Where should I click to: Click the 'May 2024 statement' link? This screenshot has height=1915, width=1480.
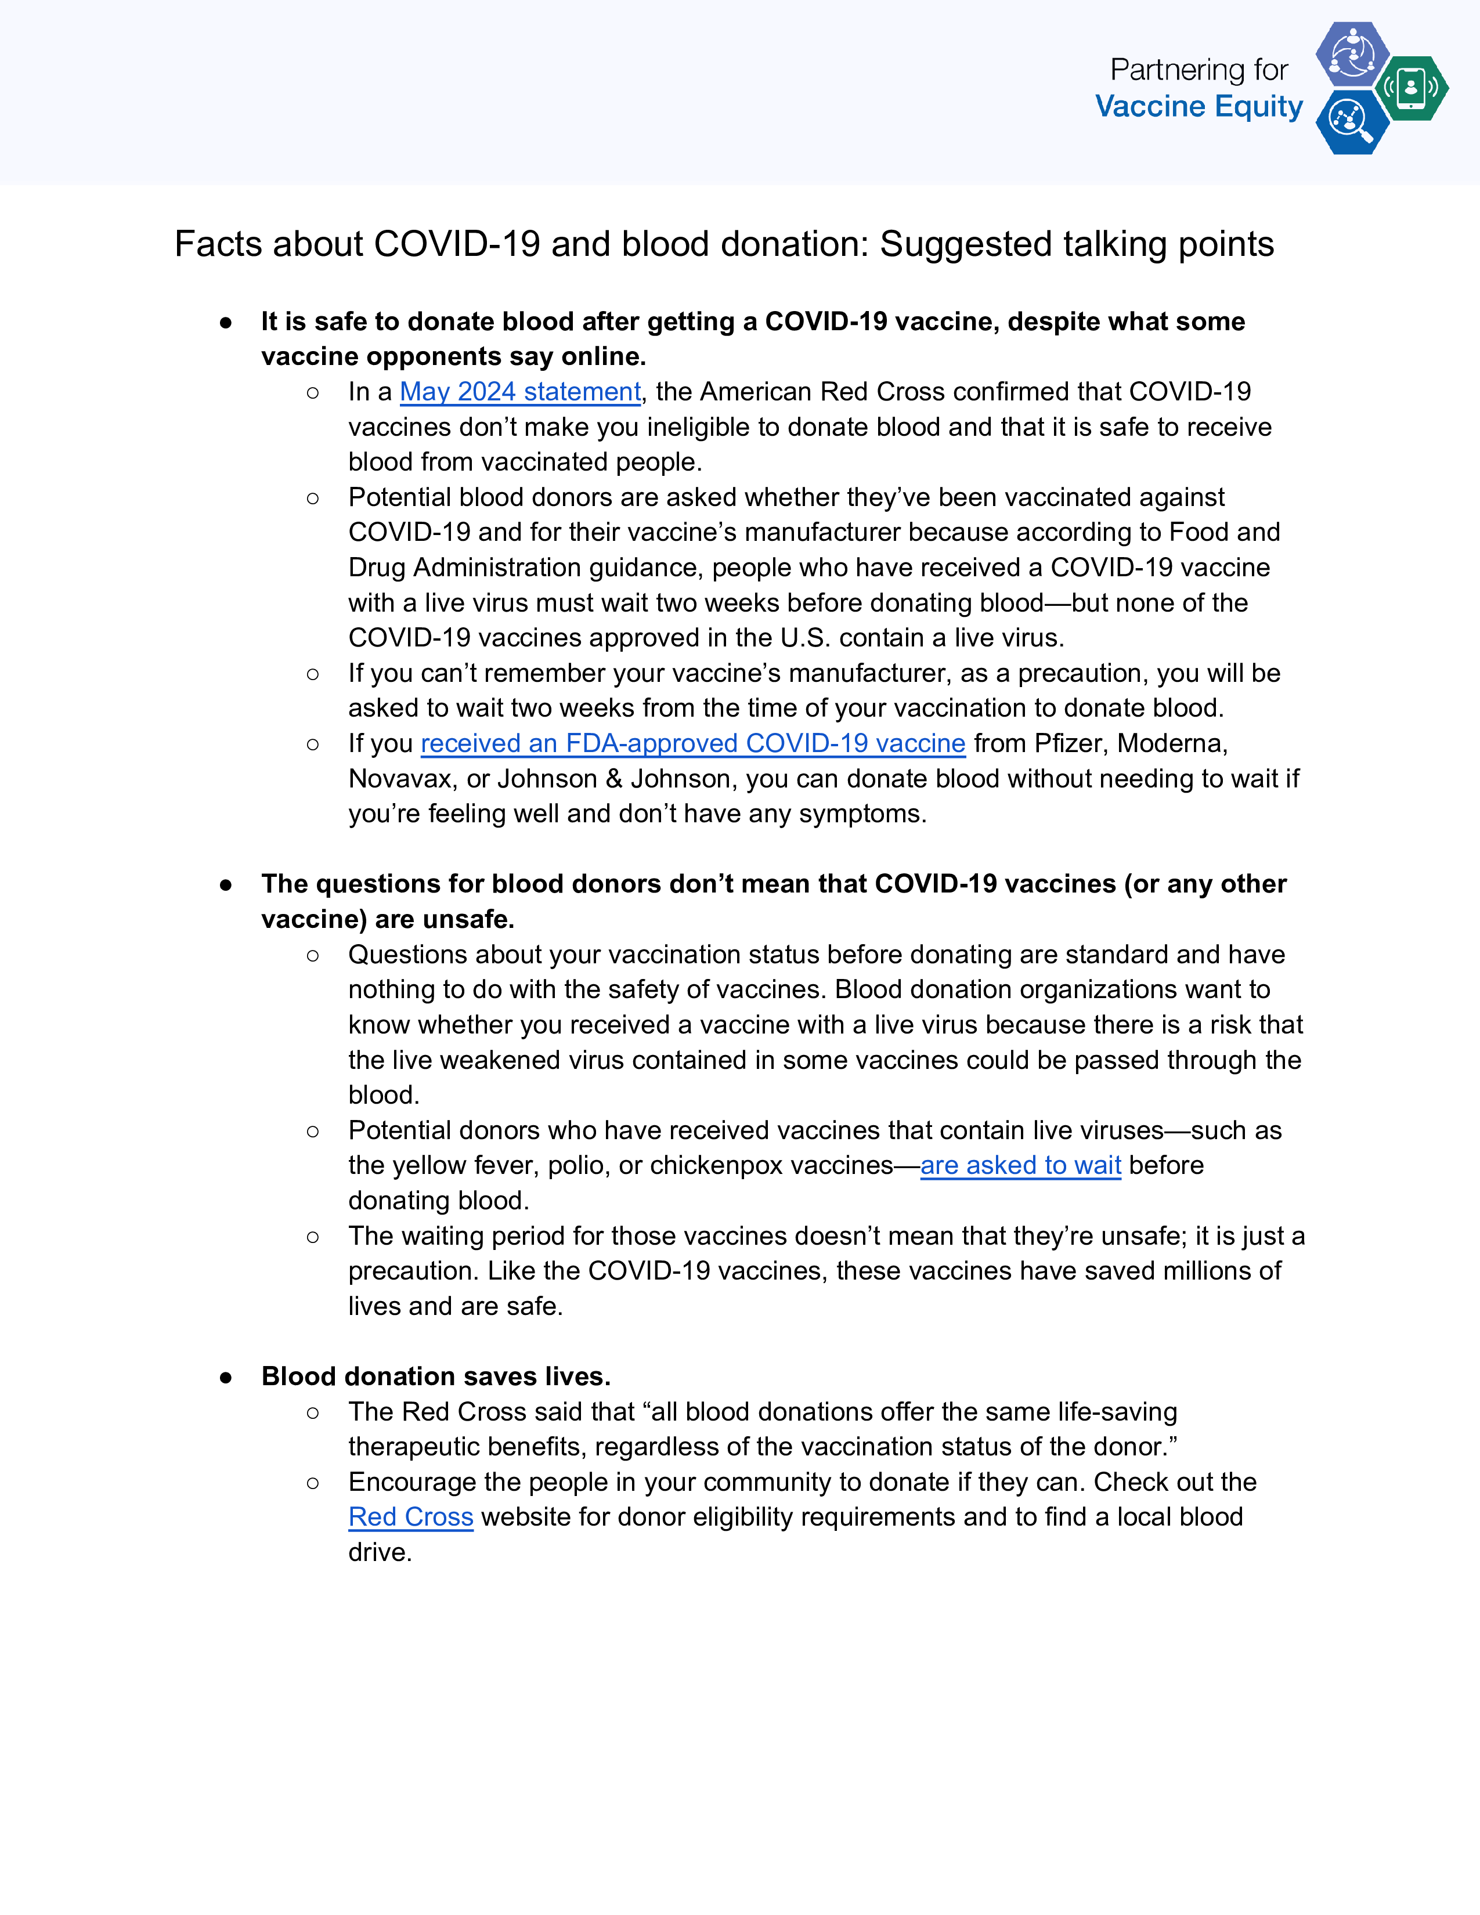click(x=520, y=392)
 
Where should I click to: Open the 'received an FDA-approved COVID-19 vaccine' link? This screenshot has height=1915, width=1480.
click(x=692, y=743)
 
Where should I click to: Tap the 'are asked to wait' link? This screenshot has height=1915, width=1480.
click(x=1020, y=1165)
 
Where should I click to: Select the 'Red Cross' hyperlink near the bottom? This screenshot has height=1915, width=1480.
click(x=410, y=1517)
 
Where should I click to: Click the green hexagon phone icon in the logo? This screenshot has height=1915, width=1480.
click(x=1411, y=88)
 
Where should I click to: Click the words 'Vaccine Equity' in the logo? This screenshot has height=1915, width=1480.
click(x=1199, y=107)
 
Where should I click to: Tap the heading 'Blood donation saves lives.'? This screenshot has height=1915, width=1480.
click(x=436, y=1376)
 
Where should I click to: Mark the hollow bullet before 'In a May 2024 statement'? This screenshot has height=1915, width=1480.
click(x=313, y=393)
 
